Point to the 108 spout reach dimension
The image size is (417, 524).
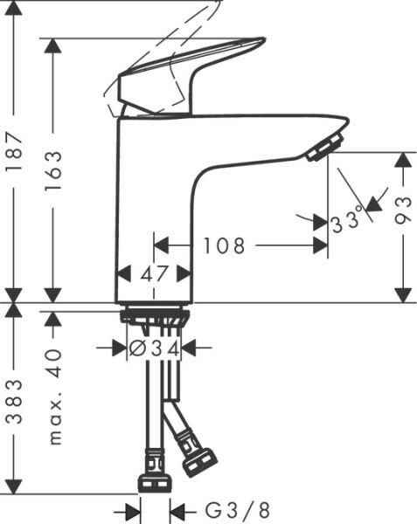point(225,246)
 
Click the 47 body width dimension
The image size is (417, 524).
point(154,273)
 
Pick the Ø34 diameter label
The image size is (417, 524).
point(154,348)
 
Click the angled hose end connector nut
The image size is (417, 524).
point(199,462)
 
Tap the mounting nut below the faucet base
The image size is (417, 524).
point(155,316)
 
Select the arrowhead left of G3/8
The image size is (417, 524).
point(133,510)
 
